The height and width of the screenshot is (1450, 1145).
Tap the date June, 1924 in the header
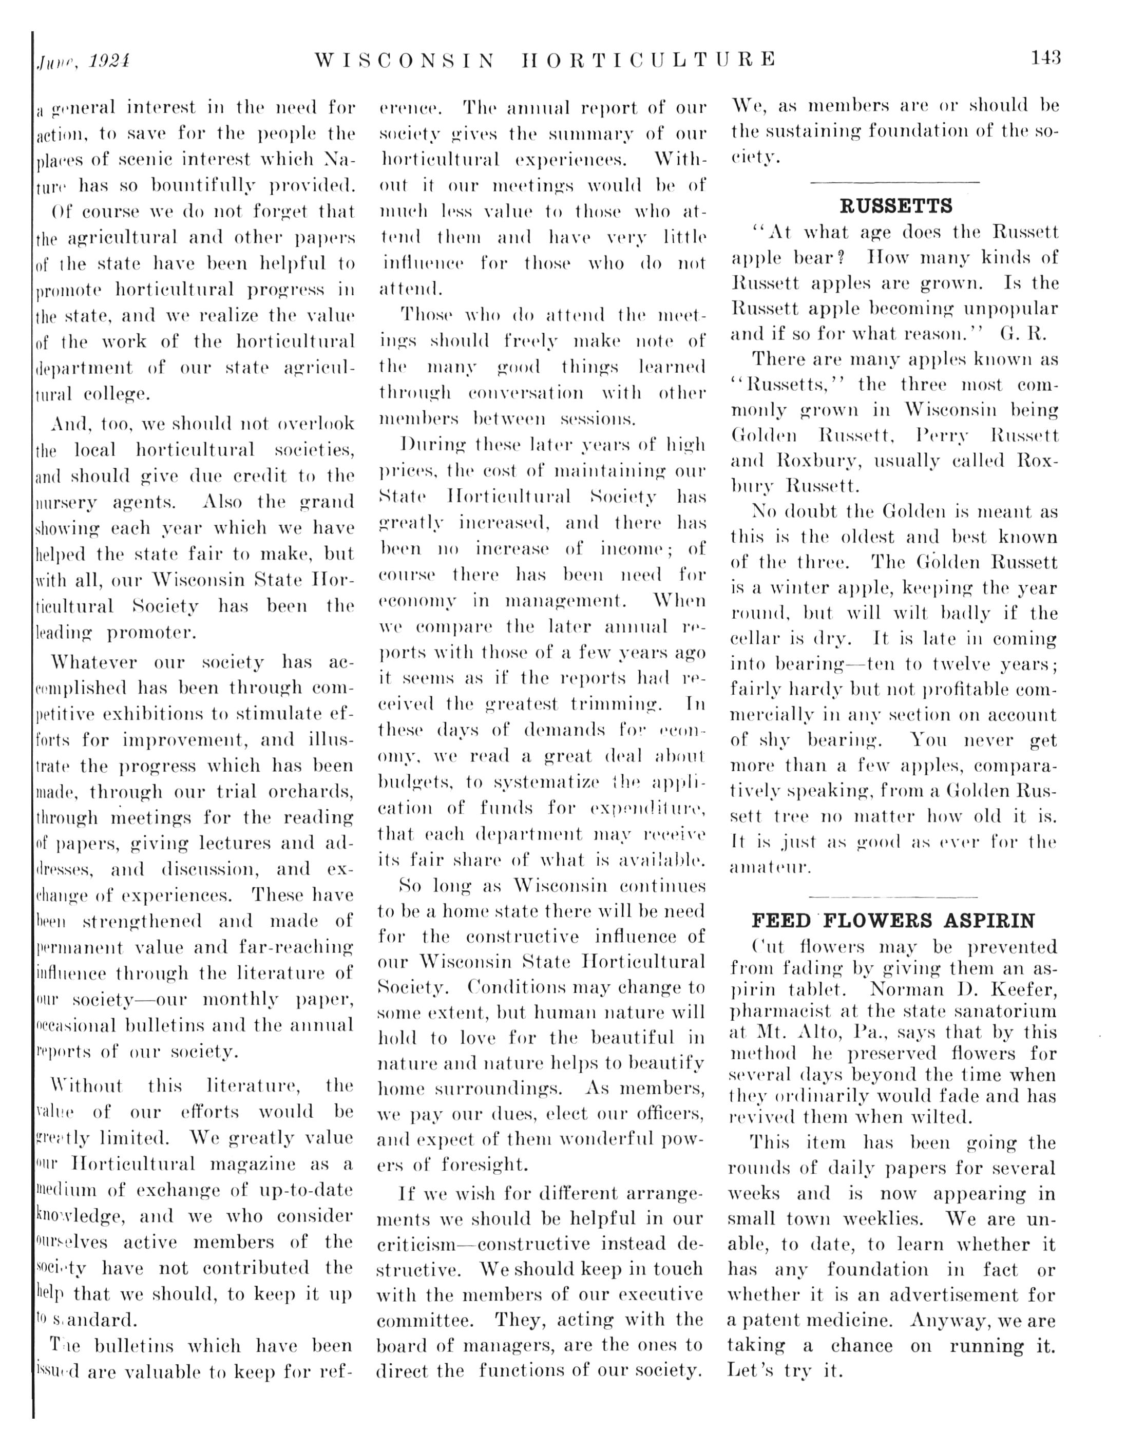tap(83, 61)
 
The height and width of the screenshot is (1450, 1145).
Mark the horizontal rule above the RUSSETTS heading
tap(895, 182)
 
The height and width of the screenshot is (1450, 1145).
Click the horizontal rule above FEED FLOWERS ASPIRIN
tap(893, 896)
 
